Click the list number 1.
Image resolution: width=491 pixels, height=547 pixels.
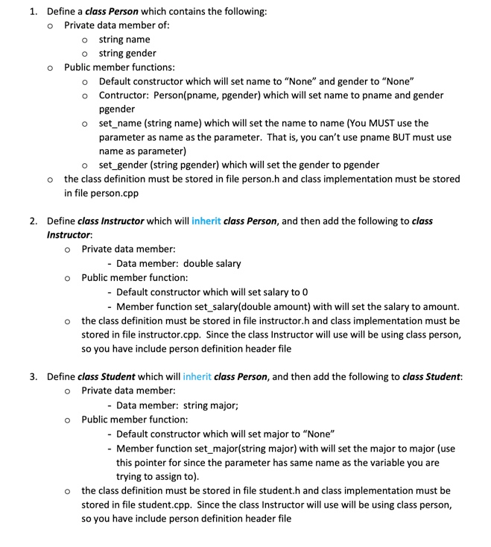(33, 11)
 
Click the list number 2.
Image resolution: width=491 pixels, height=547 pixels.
(33, 221)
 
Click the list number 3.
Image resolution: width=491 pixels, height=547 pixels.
(33, 376)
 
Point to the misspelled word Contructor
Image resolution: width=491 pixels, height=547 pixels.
(124, 95)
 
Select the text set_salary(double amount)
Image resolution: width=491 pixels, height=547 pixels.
(237, 306)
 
